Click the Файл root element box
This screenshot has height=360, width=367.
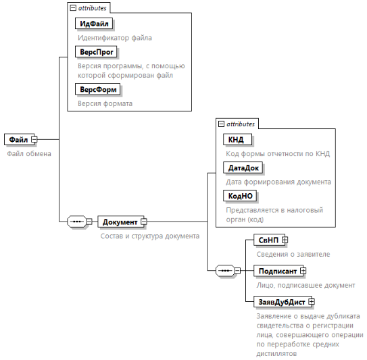(19, 139)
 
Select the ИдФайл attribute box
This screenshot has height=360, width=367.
(94, 24)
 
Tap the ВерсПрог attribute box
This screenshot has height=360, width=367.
(96, 52)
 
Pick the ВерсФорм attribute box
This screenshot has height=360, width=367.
(98, 89)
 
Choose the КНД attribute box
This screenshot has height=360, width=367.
(237, 140)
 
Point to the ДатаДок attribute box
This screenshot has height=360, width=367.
(243, 168)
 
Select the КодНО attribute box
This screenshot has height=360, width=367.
(240, 196)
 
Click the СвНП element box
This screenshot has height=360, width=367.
(270, 240)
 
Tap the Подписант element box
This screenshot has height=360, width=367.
(278, 271)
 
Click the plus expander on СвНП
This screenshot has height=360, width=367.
(285, 240)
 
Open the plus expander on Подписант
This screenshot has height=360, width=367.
(303, 271)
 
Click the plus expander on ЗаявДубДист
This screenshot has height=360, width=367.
(312, 302)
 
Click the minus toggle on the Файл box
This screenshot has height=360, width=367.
(34, 139)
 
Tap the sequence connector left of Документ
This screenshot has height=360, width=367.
(77, 222)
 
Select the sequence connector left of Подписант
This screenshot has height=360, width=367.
(225, 271)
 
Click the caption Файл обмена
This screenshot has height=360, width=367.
(29, 154)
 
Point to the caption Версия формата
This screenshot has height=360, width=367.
(105, 103)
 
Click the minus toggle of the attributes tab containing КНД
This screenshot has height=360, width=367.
(221, 124)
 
